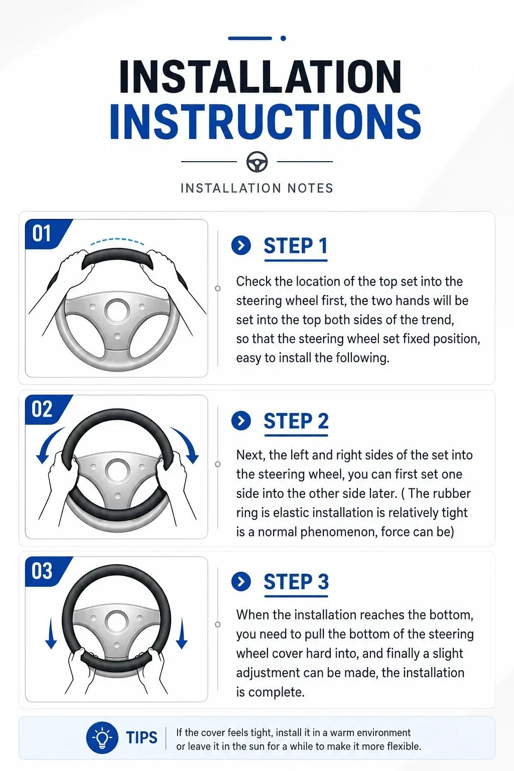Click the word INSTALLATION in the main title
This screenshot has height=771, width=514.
(x=261, y=76)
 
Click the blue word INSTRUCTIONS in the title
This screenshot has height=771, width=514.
(x=265, y=121)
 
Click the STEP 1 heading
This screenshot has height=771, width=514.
(x=295, y=246)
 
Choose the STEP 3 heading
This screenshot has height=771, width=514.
(x=296, y=582)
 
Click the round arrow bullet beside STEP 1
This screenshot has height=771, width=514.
(x=241, y=245)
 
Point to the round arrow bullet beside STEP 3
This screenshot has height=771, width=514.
(x=241, y=582)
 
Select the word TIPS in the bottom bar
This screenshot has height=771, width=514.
(x=142, y=737)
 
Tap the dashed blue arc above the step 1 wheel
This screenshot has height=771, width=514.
(x=117, y=239)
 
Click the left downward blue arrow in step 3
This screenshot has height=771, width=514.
(x=51, y=633)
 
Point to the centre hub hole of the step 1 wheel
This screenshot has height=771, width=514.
(x=117, y=311)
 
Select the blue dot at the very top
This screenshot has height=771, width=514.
(x=283, y=38)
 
